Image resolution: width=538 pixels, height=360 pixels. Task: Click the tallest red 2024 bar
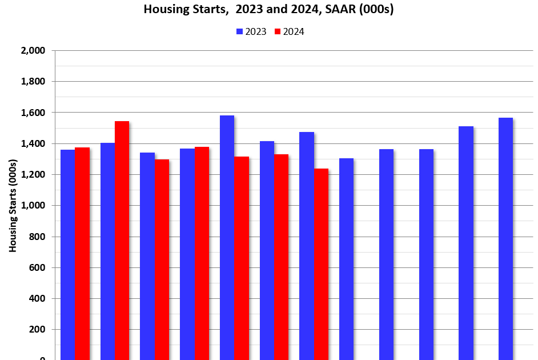(x=122, y=240)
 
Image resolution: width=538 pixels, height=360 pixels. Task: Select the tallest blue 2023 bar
(x=227, y=237)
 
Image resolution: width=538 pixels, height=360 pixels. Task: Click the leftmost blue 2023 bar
(x=68, y=254)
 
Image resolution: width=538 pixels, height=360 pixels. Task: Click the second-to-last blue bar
(x=465, y=243)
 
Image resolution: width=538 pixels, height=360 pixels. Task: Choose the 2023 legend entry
(x=251, y=32)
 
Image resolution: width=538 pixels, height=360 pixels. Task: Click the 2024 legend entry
(x=290, y=32)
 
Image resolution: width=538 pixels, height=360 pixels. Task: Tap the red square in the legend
(x=278, y=32)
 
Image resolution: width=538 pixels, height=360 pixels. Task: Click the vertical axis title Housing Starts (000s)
(x=12, y=206)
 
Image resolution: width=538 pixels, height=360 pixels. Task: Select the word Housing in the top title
(x=163, y=9)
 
